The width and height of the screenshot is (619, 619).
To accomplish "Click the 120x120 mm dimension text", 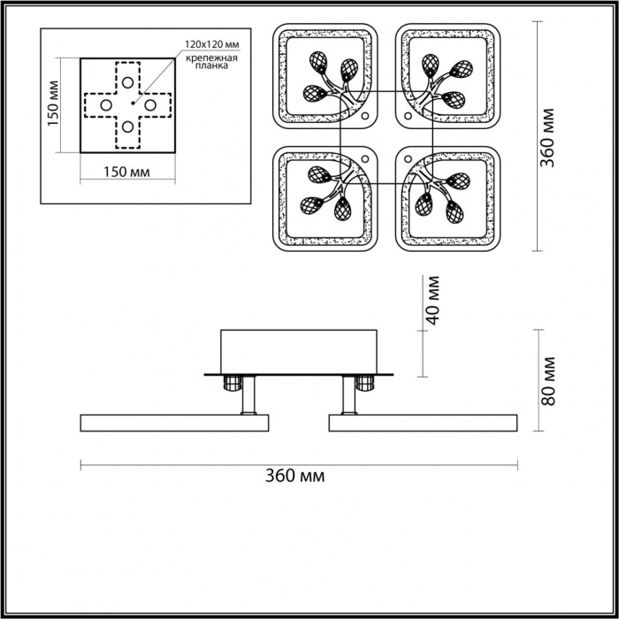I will [x=212, y=42].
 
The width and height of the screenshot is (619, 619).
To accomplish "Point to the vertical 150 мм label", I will [x=52, y=104].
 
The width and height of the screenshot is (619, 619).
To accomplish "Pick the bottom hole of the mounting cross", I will [x=129, y=127].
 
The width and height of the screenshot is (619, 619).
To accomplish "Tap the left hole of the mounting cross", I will [x=106, y=105].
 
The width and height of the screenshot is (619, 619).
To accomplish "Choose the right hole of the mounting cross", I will [x=151, y=105].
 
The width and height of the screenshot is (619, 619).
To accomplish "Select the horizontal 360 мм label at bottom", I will [x=294, y=477].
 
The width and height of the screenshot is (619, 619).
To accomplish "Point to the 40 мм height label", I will [x=432, y=300].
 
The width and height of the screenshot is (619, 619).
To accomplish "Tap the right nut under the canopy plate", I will [x=363, y=383].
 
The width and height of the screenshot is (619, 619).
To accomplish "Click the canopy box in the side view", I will [x=299, y=350].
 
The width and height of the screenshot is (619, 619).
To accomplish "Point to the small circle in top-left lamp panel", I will [x=366, y=117].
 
